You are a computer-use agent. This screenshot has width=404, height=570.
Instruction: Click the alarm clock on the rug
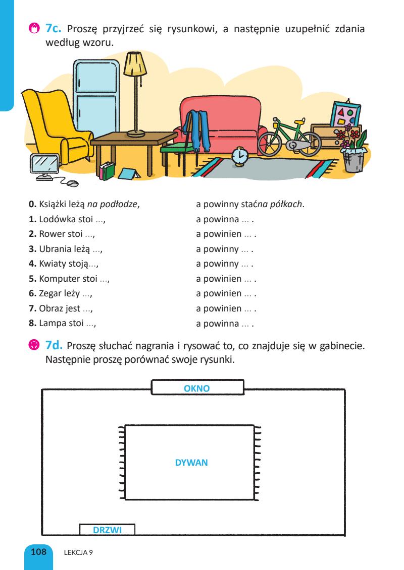(239, 156)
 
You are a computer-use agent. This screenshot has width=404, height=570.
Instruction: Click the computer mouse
(73, 182)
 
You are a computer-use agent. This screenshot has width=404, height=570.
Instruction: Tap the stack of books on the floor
(107, 171)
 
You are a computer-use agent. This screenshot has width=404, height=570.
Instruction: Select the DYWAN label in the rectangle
(191, 462)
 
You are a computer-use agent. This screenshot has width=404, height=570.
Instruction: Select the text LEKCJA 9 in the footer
(78, 552)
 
